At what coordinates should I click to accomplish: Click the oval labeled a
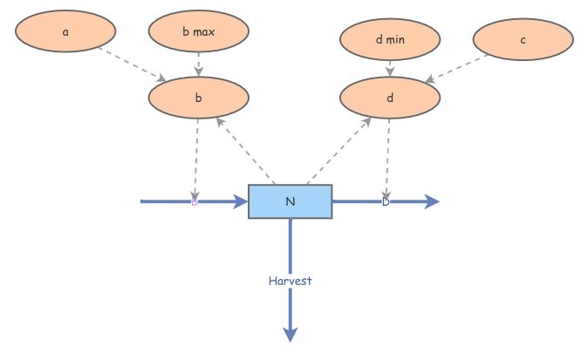click(65, 32)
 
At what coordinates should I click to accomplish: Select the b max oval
click(199, 33)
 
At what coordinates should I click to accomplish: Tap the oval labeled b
click(198, 98)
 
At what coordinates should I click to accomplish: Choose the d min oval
click(390, 38)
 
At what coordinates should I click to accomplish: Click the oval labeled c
click(523, 38)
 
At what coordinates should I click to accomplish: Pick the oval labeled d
click(389, 98)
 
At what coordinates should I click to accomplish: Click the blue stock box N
click(291, 201)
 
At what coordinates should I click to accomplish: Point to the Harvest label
click(291, 281)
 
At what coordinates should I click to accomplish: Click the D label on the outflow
click(386, 201)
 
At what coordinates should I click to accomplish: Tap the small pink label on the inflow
click(195, 202)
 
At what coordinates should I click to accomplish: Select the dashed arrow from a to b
click(131, 64)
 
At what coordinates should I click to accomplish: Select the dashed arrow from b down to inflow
click(196, 157)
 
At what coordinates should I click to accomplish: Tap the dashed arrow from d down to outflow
click(387, 157)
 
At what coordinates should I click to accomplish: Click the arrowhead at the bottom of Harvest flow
click(291, 335)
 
